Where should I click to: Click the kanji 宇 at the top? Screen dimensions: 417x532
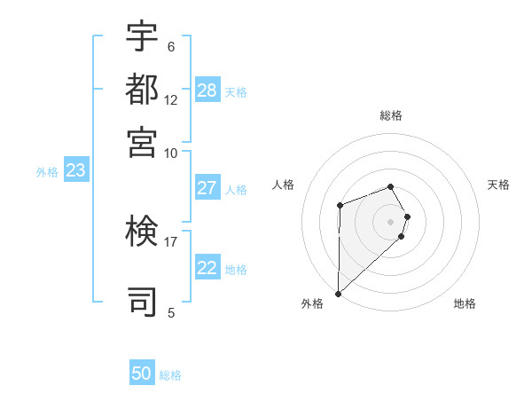tap(142, 37)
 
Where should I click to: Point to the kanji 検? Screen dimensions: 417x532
tap(142, 232)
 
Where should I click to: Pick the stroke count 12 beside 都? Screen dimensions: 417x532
tap(170, 100)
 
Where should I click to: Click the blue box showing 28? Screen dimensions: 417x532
tap(207, 90)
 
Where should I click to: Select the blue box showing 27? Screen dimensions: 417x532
tap(207, 188)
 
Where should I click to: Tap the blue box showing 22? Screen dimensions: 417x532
tap(207, 268)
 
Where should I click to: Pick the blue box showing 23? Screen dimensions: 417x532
tap(75, 171)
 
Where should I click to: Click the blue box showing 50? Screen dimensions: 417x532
tap(142, 374)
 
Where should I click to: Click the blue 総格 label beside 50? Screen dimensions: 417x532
tap(170, 375)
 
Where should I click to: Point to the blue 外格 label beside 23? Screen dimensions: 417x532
tap(47, 173)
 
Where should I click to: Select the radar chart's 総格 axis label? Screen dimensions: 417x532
tap(390, 115)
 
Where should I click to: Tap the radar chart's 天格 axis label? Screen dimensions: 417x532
tap(498, 185)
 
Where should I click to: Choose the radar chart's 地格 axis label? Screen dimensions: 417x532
tap(465, 303)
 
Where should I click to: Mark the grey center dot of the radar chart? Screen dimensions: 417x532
tap(390, 221)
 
